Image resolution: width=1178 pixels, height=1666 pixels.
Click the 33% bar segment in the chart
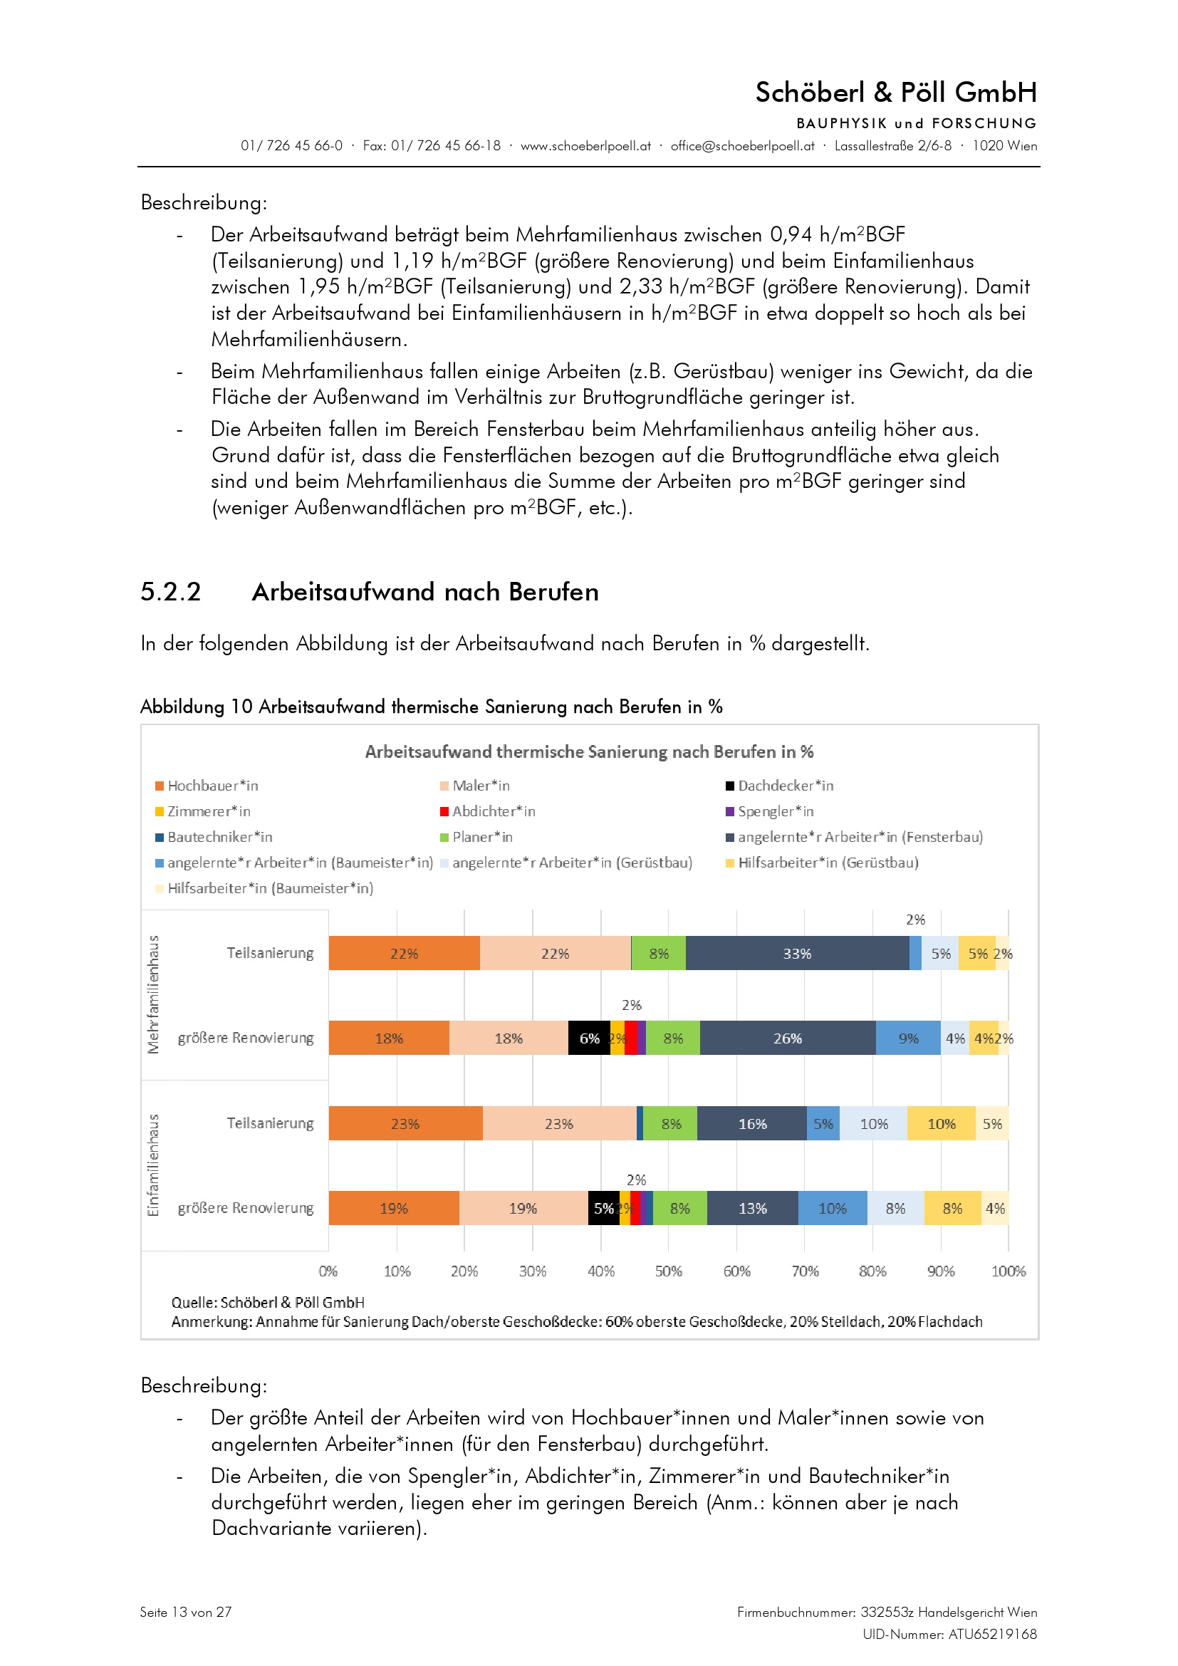[796, 953]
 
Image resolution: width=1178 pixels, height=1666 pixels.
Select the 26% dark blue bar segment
[787, 1038]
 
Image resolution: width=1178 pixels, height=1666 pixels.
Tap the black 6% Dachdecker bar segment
[588, 1038]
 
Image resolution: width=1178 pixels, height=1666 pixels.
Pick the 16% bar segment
[751, 1123]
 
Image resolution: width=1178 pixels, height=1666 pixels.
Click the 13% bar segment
[752, 1208]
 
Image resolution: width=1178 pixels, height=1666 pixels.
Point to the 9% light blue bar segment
[907, 1038]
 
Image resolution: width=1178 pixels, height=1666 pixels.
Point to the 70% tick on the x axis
[804, 1271]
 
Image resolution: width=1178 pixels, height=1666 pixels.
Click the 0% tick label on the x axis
[328, 1271]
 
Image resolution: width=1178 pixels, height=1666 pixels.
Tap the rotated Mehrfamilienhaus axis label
[153, 994]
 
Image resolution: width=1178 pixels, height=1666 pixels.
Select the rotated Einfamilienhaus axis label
[153, 1165]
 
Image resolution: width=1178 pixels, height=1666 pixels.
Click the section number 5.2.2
[170, 591]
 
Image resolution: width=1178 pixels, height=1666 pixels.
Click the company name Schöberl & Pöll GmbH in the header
[896, 92]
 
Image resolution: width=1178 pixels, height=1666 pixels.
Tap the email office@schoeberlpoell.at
[742, 146]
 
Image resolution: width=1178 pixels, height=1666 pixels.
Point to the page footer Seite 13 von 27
[186, 1612]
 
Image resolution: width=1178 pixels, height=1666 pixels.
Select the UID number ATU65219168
[992, 1634]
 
